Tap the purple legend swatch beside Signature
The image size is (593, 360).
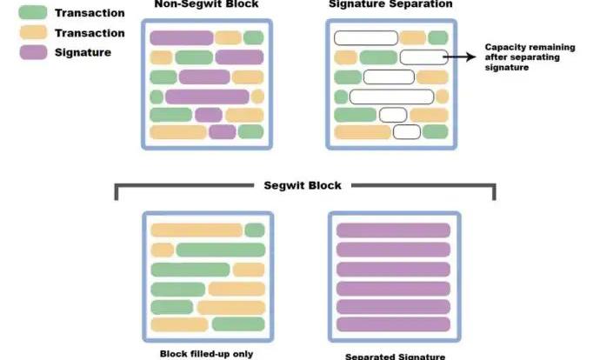coord(32,52)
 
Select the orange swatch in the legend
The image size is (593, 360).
coord(32,34)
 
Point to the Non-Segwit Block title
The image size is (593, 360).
coord(206,5)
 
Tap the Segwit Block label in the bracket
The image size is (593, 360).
coord(303,185)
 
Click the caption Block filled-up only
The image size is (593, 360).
coord(207,354)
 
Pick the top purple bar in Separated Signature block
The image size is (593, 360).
coord(392,230)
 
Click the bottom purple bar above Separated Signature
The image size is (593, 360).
coord(392,324)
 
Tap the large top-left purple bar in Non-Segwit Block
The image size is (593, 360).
coord(181,37)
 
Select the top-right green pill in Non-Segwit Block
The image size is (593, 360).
coord(253,37)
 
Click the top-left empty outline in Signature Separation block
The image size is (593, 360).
coord(365,37)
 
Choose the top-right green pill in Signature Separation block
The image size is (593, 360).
coord(438,37)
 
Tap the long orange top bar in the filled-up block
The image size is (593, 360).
coord(196,230)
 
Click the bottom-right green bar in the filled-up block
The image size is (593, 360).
coord(237,324)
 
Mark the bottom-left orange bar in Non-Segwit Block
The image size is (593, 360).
coord(178,132)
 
